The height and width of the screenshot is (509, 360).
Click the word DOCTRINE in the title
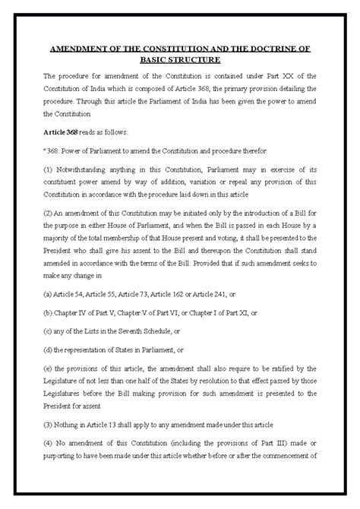click(270, 47)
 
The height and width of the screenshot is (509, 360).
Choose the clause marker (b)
click(49, 312)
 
